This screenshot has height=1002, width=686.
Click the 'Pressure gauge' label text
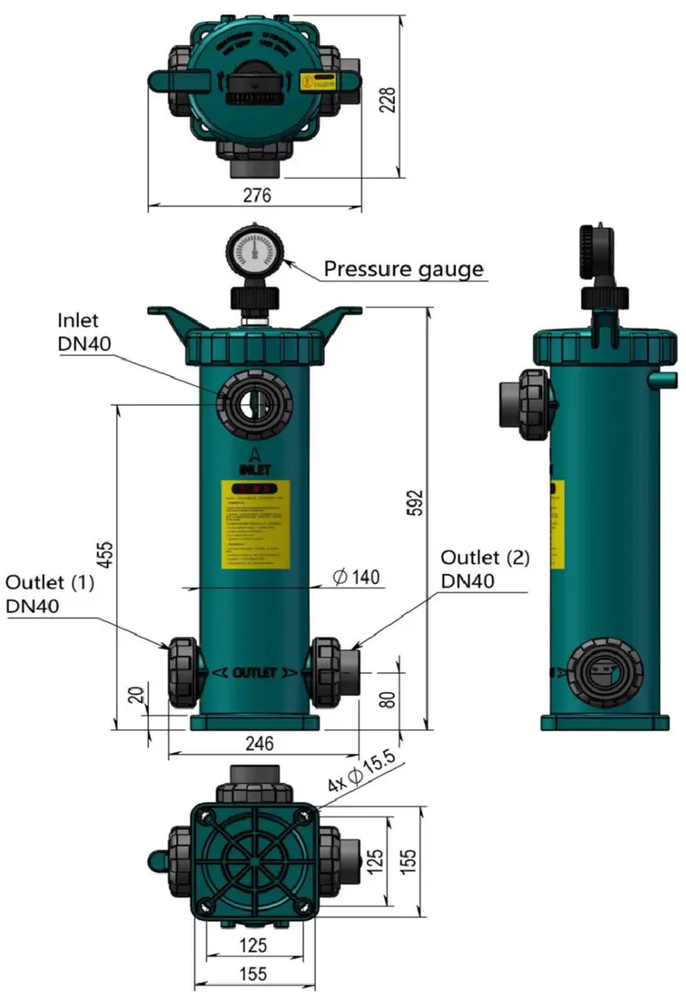(x=403, y=268)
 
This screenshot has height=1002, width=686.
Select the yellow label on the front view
(x=256, y=525)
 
